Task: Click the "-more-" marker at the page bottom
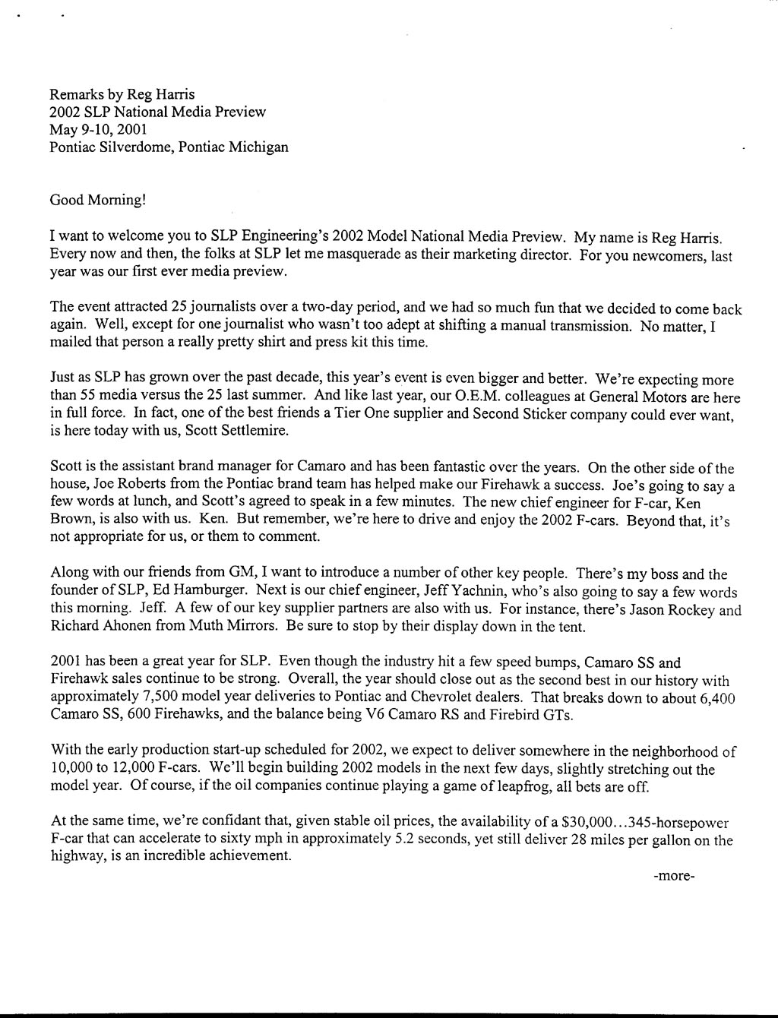[674, 875]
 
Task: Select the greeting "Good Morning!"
[96, 201]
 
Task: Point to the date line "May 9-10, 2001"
[98, 129]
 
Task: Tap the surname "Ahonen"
[134, 627]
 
